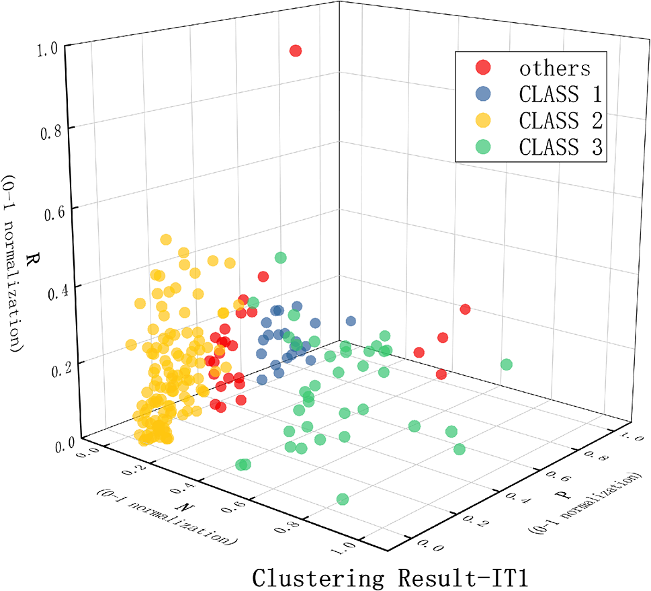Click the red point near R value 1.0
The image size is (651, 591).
(x=295, y=51)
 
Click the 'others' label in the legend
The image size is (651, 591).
(x=554, y=68)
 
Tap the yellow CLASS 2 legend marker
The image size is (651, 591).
(x=482, y=120)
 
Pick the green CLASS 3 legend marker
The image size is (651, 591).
(x=482, y=147)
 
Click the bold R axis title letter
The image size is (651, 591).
(x=30, y=260)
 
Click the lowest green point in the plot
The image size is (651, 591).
(x=343, y=499)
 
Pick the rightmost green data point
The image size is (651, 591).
(x=507, y=364)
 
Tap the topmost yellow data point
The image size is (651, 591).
(x=166, y=239)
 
